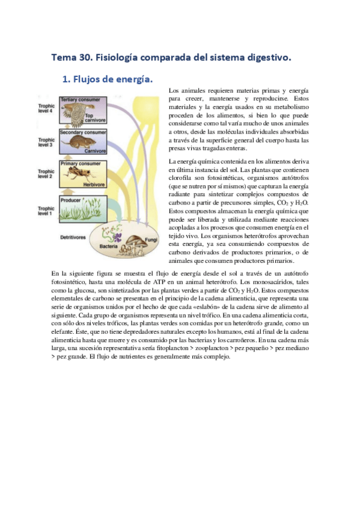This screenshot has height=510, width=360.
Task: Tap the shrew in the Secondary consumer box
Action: coord(79,143)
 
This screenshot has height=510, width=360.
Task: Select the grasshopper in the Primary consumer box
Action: coord(81,174)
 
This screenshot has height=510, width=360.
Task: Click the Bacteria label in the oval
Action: coord(108,247)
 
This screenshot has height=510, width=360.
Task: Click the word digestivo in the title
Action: coord(267,58)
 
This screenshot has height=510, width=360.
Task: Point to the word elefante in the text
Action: coord(64,330)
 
